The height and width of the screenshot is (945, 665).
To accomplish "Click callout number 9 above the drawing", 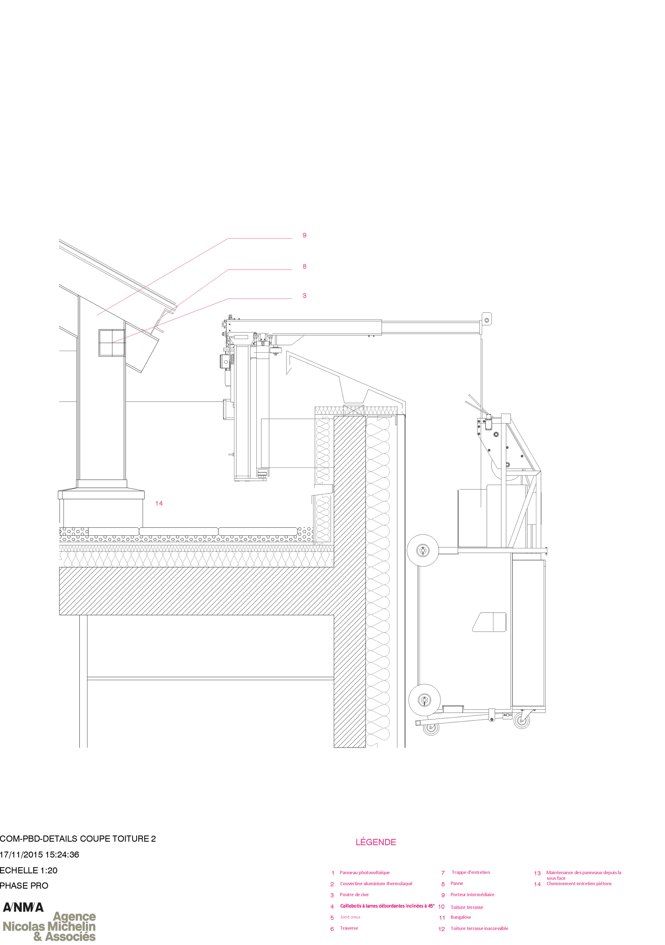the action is pyautogui.click(x=304, y=236).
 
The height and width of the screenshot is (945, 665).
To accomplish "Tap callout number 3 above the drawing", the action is pyautogui.click(x=304, y=296).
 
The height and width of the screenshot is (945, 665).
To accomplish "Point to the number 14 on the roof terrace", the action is pyautogui.click(x=159, y=503).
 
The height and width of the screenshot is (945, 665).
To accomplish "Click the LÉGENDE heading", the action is pyautogui.click(x=375, y=842).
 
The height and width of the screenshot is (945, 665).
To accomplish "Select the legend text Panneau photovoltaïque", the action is pyautogui.click(x=364, y=872).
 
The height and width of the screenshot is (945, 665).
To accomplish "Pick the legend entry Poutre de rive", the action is pyautogui.click(x=354, y=894).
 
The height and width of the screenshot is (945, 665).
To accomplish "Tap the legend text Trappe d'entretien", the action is pyautogui.click(x=470, y=872).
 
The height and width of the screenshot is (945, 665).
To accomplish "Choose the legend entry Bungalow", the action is pyautogui.click(x=461, y=917).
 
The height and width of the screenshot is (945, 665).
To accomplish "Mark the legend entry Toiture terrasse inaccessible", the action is pyautogui.click(x=479, y=928).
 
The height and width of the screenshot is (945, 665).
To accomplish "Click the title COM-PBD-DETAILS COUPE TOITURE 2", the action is pyautogui.click(x=78, y=839).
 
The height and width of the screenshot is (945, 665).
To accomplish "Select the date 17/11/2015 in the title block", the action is pyautogui.click(x=21, y=854).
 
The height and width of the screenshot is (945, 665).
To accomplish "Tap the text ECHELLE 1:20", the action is pyautogui.click(x=28, y=870).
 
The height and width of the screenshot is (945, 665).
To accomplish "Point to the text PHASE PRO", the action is pyautogui.click(x=24, y=885).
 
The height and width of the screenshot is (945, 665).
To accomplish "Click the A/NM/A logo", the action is pyautogui.click(x=23, y=907).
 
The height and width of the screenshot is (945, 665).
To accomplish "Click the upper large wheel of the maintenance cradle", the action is pyautogui.click(x=423, y=550).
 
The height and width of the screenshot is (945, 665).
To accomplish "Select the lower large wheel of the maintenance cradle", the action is pyautogui.click(x=424, y=700).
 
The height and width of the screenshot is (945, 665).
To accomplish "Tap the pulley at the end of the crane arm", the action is pyautogui.click(x=486, y=319).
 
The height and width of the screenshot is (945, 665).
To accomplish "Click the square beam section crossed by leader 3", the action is pyautogui.click(x=112, y=342).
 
